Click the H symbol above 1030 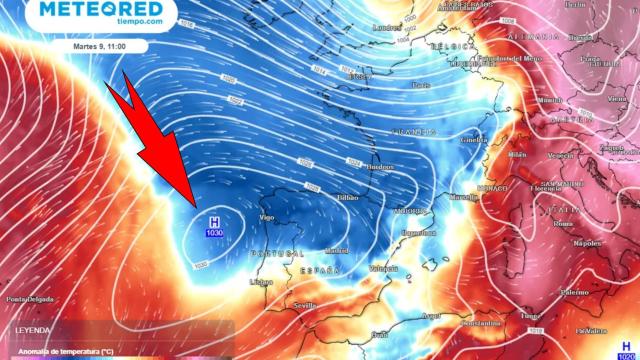coord(214,221)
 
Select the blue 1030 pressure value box coord(214,233)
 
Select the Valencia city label coord(384,269)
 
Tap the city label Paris coord(421,84)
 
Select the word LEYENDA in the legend coord(31,330)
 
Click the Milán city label coord(516,154)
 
